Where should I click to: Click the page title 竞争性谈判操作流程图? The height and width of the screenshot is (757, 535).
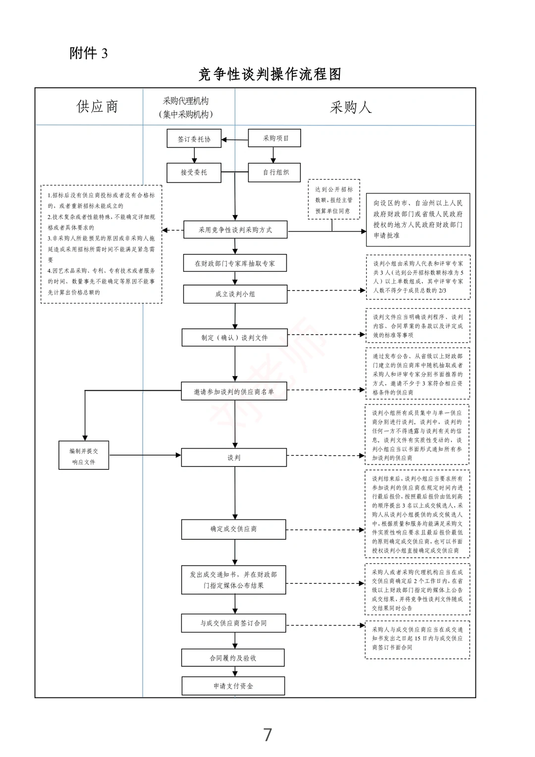click(269, 74)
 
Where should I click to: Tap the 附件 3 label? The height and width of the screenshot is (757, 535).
click(88, 53)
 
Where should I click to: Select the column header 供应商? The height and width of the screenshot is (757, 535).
click(97, 107)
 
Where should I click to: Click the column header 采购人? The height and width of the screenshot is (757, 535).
click(351, 107)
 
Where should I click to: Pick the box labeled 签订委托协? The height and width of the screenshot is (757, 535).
click(194, 139)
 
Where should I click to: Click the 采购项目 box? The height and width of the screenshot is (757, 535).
click(275, 138)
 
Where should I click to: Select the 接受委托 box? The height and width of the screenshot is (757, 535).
click(194, 173)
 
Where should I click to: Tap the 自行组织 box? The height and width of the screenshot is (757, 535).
click(275, 172)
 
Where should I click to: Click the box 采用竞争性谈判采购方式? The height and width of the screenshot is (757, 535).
click(235, 230)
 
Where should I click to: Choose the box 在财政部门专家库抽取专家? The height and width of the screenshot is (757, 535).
click(235, 263)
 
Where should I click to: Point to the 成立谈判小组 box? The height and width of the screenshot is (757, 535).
click(235, 294)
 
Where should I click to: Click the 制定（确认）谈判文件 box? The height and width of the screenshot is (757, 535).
click(235, 338)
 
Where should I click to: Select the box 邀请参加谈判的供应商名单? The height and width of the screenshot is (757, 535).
click(234, 392)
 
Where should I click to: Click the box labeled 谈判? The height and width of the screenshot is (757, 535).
click(234, 458)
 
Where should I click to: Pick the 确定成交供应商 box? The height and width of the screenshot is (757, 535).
click(233, 529)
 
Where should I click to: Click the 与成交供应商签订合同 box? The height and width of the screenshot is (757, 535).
click(233, 623)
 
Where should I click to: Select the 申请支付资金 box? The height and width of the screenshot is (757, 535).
click(233, 686)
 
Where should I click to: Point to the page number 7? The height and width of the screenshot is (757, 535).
click(267, 735)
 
